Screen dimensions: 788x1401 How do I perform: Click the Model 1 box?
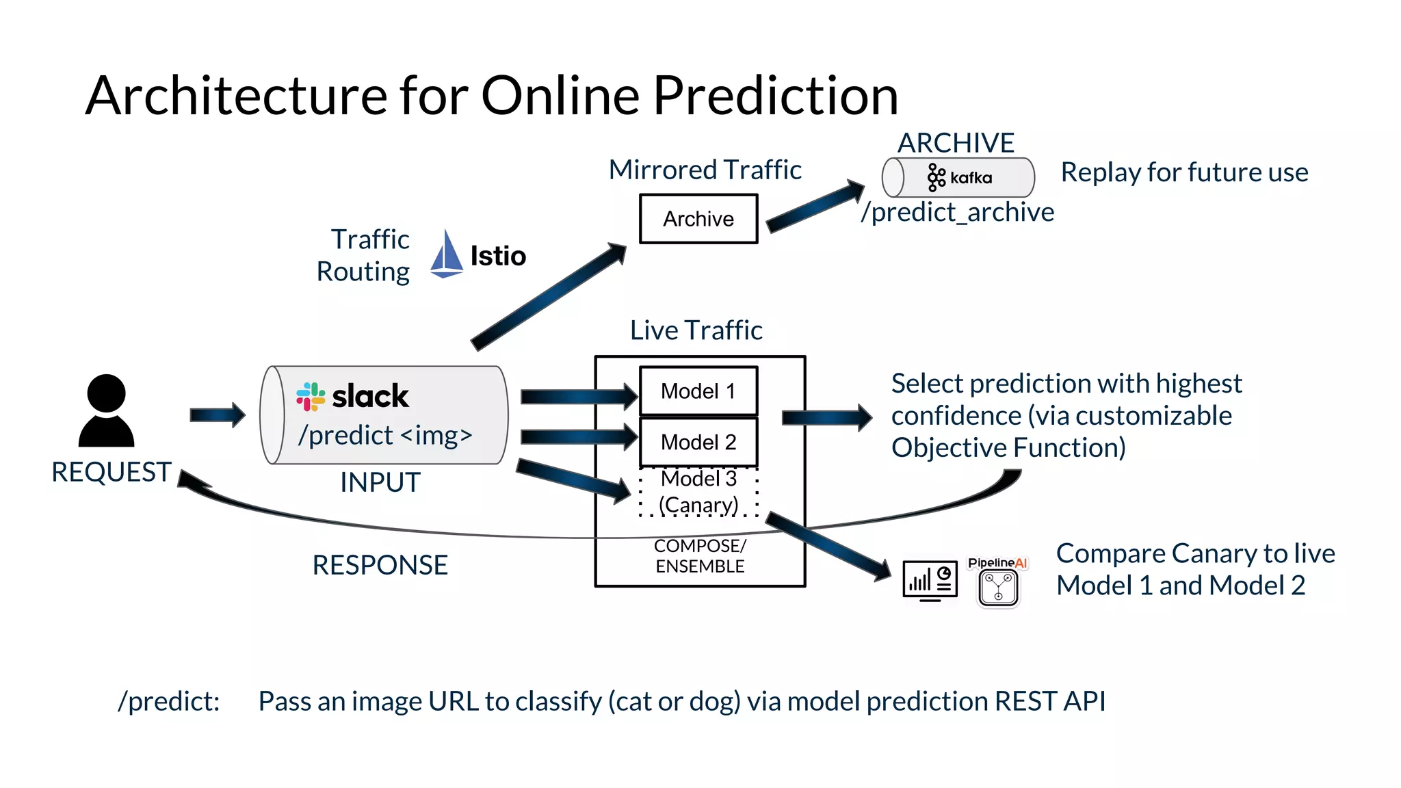[x=698, y=391]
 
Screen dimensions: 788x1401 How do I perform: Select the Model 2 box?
[x=698, y=443]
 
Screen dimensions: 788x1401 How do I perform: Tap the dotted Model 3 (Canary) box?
[x=698, y=492]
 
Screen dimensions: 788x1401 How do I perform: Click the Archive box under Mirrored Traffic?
[x=698, y=219]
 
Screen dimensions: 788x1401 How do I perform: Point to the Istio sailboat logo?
[x=447, y=254]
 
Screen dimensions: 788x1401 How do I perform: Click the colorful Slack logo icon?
[x=311, y=396]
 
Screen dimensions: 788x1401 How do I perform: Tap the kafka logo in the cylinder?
[x=959, y=178]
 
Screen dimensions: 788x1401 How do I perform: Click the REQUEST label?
[x=111, y=472]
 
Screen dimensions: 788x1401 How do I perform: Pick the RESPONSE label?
[x=380, y=565]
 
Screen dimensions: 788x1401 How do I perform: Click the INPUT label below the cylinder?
[x=380, y=482]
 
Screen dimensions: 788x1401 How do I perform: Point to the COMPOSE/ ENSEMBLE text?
[x=699, y=556]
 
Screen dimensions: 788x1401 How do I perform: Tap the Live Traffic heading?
[x=696, y=330]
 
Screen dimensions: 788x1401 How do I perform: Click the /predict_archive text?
[x=958, y=213]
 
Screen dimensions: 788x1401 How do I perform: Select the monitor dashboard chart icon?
[x=930, y=581]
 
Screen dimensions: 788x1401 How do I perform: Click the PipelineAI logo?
[x=998, y=581]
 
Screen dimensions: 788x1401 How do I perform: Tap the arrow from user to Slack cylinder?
[x=217, y=415]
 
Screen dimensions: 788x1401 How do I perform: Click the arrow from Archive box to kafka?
[x=814, y=207]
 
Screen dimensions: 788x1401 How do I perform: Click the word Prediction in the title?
[x=775, y=96]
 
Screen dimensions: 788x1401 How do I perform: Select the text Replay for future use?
[x=1184, y=172]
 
